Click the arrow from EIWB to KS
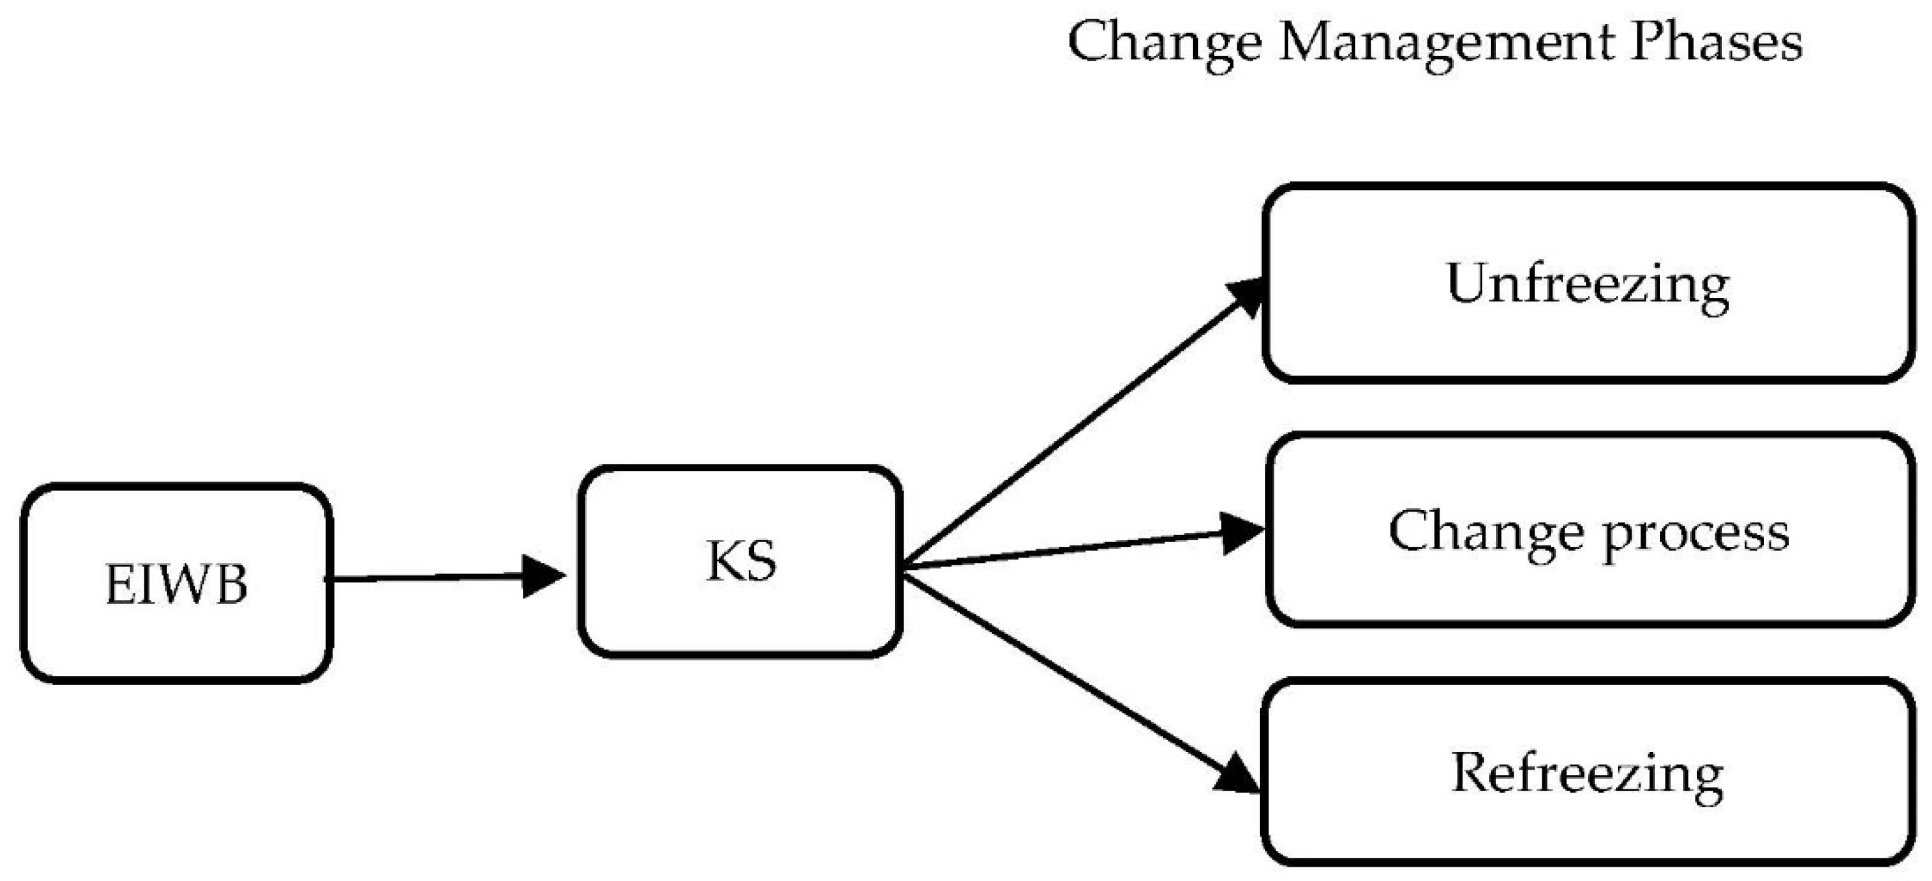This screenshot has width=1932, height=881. pos(427,578)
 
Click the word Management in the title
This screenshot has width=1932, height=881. pos(1447,43)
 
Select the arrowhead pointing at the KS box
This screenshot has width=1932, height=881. pos(541,576)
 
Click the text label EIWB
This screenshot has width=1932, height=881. pos(176,584)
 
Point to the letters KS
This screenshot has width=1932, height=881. pos(740,562)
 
